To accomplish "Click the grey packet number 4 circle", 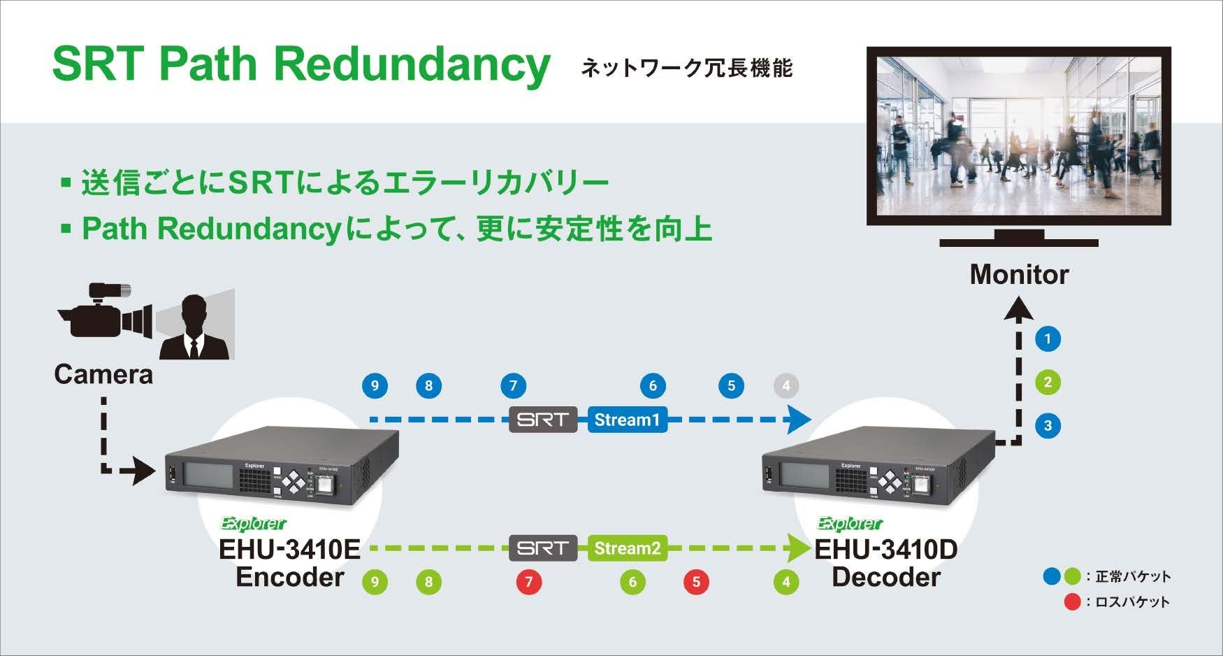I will click(786, 385).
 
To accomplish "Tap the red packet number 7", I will click(529, 582).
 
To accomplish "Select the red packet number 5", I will click(695, 582).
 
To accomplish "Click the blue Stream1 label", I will click(627, 420).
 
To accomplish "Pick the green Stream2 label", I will click(627, 548).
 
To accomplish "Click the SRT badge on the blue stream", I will click(543, 420).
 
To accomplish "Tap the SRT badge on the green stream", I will click(543, 548).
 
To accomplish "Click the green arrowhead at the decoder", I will click(797, 548).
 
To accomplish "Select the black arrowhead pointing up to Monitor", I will click(1018, 308).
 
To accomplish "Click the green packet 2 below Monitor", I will click(1048, 383).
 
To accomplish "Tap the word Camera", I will click(103, 375).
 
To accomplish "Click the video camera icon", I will click(105, 312).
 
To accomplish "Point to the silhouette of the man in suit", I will click(194, 329).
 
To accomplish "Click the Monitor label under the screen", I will click(1019, 275).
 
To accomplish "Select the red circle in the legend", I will click(1071, 601).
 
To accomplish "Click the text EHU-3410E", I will click(289, 549).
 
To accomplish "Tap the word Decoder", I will click(886, 578).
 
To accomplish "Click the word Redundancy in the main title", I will click(412, 64).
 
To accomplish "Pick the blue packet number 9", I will click(375, 385).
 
